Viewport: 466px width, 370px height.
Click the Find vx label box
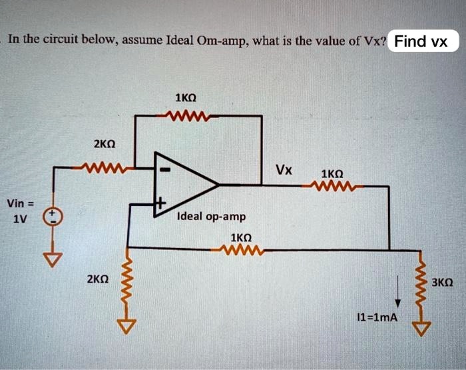(421, 41)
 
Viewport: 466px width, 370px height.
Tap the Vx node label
(284, 169)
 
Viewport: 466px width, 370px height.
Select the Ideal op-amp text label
(212, 217)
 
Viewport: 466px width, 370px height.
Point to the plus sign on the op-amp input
(160, 200)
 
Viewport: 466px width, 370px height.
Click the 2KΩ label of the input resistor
(105, 144)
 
